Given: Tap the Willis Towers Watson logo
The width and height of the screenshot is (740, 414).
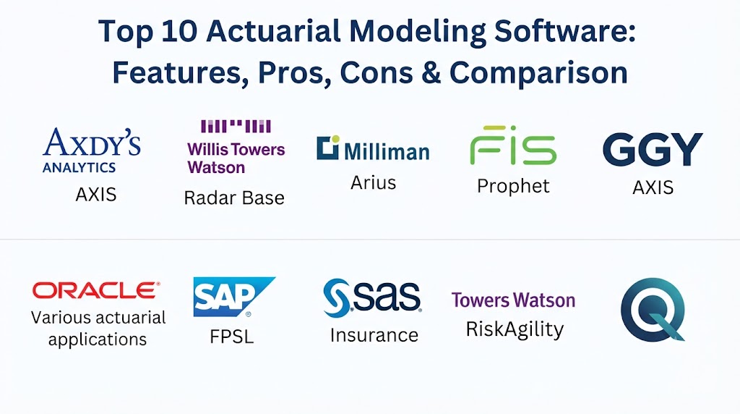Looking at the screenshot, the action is point(236,147).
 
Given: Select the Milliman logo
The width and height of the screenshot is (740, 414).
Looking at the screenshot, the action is point(373,148).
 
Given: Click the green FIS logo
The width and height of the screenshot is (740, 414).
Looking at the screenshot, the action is point(513,145).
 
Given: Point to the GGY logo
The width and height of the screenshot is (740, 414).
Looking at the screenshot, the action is point(653,149).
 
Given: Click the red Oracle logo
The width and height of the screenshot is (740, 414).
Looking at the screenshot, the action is point(96,290).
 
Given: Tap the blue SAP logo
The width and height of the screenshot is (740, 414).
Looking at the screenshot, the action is point(234,297).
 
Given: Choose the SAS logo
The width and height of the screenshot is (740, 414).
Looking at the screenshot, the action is point(372,297).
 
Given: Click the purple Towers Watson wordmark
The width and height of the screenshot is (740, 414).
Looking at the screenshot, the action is point(514,300).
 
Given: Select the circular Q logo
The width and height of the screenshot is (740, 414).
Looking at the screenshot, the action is point(653,310).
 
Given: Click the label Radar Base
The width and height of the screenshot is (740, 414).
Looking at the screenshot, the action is point(234,198).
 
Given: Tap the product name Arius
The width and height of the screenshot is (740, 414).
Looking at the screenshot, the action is point(373,183).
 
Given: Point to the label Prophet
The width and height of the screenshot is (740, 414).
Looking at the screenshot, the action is point(513,186).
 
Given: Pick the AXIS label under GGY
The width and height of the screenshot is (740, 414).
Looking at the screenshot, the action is point(653,187).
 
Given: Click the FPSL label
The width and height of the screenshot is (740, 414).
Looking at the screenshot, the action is point(232,337).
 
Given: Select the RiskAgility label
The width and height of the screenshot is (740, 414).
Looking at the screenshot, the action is point(515,329).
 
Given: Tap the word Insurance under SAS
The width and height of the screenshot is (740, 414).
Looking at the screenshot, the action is point(374,335).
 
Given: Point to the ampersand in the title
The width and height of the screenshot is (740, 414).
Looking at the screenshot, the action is point(431,73).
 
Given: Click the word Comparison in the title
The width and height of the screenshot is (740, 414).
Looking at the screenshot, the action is point(538,75).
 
